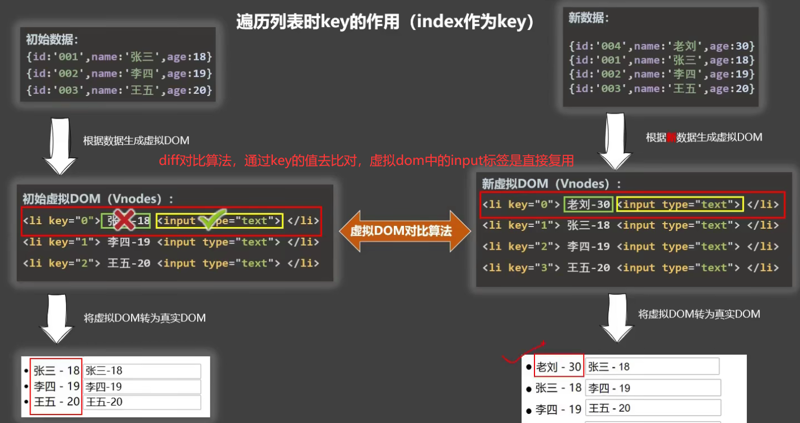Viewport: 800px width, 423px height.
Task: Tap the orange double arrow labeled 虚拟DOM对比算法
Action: pyautogui.click(x=405, y=231)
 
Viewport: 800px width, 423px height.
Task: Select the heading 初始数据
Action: pyautogui.click(x=52, y=40)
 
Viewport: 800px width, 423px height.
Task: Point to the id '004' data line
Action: pyautogui.click(x=662, y=46)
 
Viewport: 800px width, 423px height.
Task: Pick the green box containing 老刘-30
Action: pyautogui.click(x=589, y=204)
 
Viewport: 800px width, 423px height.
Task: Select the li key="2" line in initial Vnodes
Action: pyautogui.click(x=171, y=263)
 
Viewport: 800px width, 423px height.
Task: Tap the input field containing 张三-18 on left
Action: pyautogui.click(x=142, y=371)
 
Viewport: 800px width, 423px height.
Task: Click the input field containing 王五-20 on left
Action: pyautogui.click(x=142, y=402)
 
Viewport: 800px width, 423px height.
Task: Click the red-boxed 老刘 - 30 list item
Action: pyautogui.click(x=558, y=367)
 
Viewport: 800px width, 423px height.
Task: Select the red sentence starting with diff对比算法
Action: pyautogui.click(x=366, y=162)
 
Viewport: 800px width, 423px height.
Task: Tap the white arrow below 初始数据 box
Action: pyautogui.click(x=60, y=146)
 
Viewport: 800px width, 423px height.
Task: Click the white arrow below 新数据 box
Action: pyautogui.click(x=615, y=141)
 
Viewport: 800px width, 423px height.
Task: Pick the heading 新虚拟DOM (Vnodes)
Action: pyautogui.click(x=551, y=184)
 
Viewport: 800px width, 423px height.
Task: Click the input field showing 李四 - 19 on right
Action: pyautogui.click(x=653, y=388)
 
